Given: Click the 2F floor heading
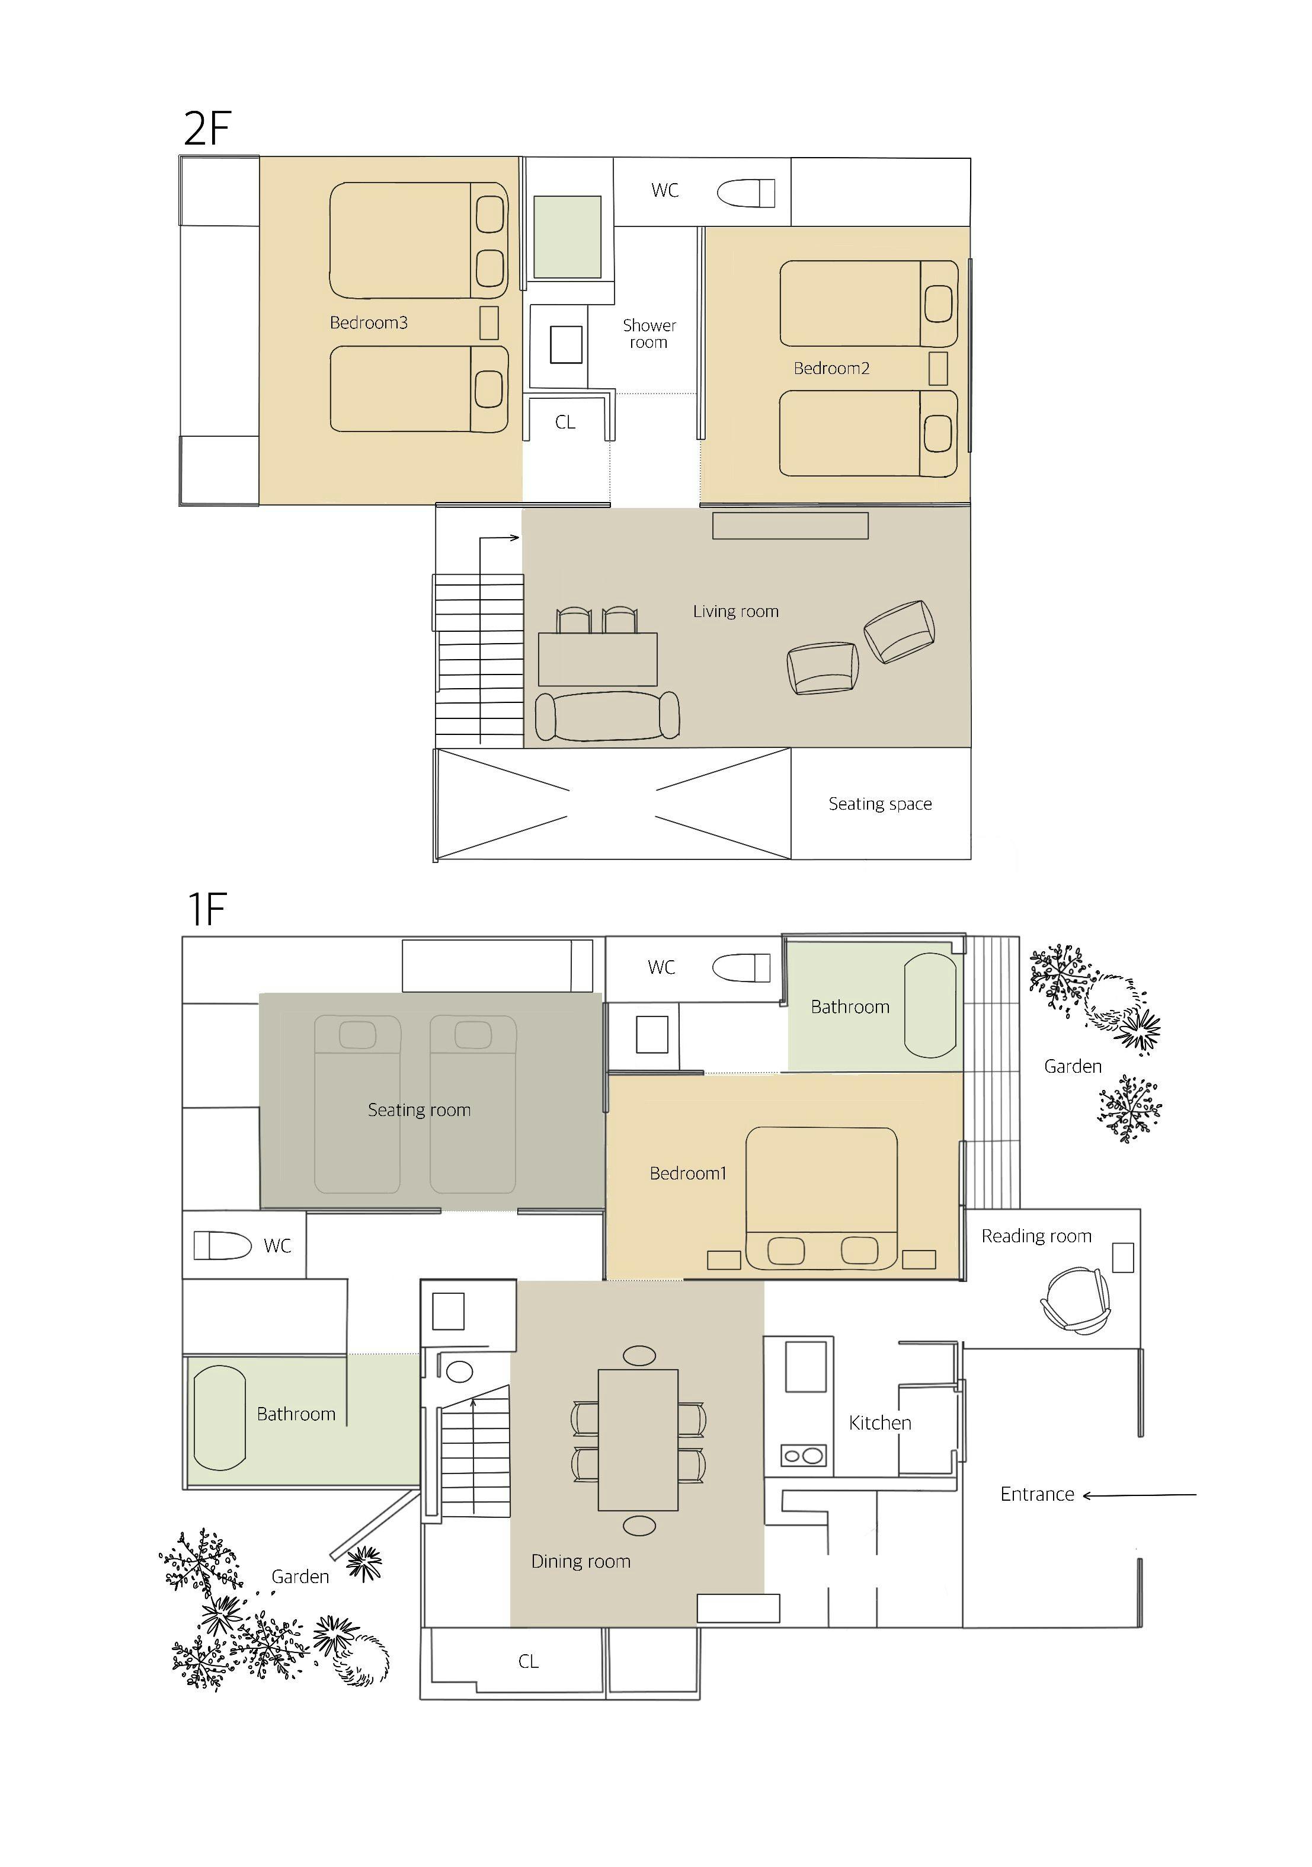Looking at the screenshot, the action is (207, 129).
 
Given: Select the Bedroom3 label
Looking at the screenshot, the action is (368, 323).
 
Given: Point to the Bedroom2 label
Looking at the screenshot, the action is (831, 368).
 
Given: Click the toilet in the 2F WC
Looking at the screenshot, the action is (745, 193).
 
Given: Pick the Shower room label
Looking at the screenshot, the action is (649, 333).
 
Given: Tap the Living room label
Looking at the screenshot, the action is (735, 612).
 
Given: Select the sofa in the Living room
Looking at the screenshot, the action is (607, 715).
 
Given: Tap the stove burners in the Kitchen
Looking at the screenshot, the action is (803, 1456).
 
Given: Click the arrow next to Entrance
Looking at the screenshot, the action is (1140, 1495).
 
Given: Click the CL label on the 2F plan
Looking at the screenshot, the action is (565, 422).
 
